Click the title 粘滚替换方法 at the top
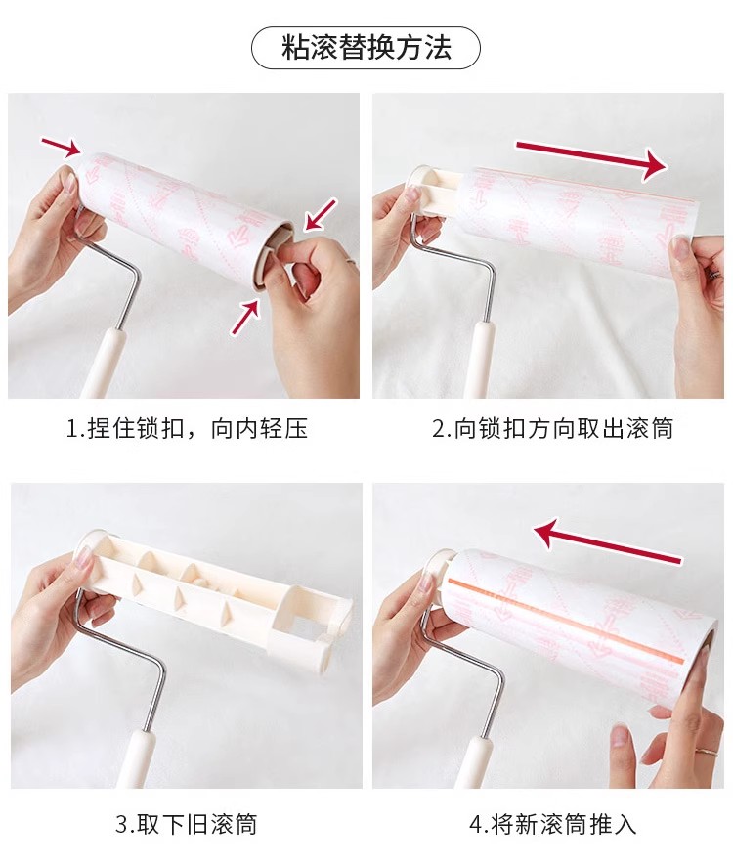366,47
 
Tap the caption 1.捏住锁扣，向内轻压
187,429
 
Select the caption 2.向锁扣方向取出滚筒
553,429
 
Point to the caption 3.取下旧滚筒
187,824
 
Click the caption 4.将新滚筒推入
553,824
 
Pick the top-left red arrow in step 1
62,147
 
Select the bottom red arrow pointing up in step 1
245,317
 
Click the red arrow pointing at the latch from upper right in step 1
321,214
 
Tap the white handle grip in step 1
103,364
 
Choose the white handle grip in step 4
476,762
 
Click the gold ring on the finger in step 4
707,751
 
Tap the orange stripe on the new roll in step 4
567,620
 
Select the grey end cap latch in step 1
270,253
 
